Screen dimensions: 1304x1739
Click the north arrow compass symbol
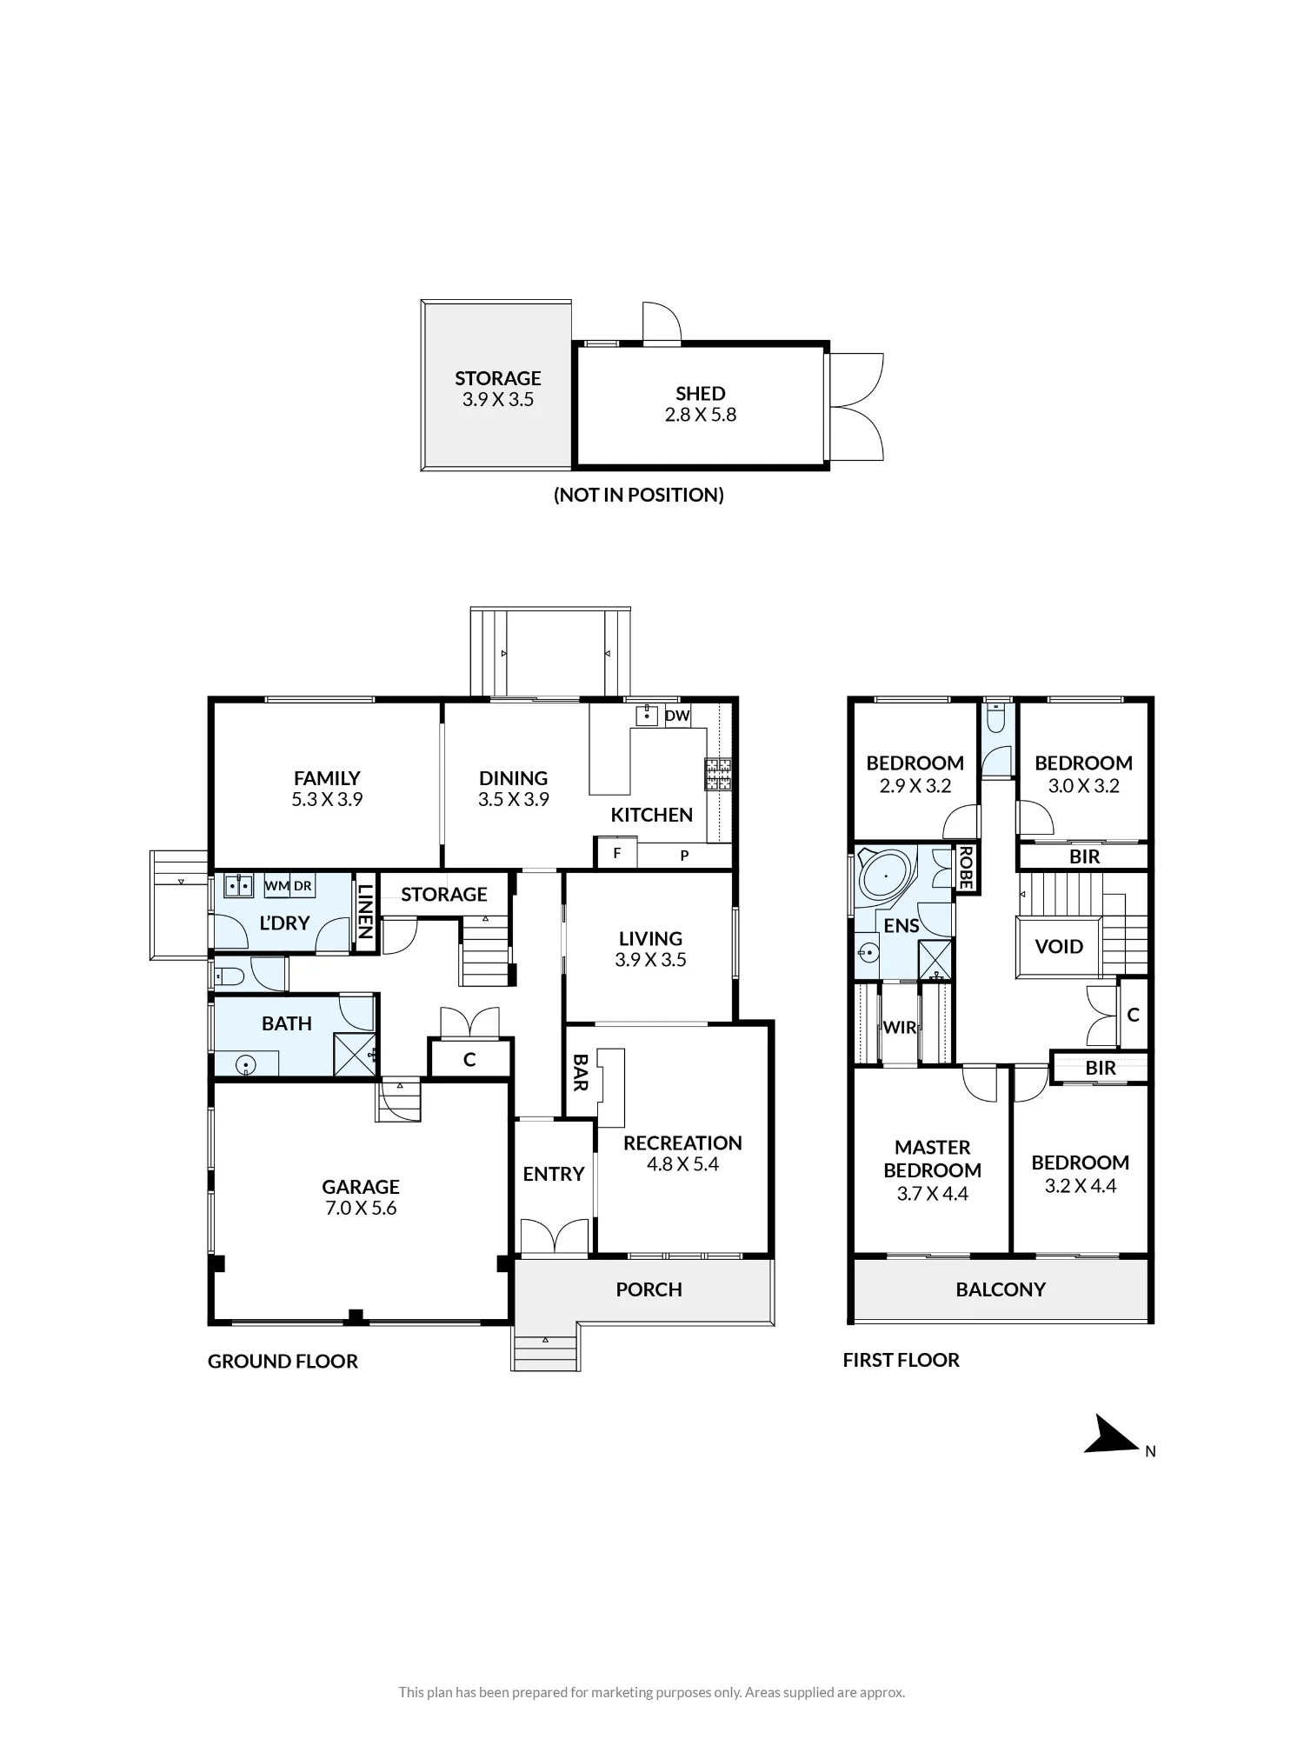(x=1109, y=1435)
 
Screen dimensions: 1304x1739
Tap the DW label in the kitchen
(x=677, y=716)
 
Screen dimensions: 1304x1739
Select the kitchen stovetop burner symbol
(x=718, y=774)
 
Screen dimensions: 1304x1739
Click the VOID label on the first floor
(x=1059, y=947)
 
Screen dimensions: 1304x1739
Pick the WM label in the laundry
(x=276, y=886)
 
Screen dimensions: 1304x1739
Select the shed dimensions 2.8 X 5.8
(x=701, y=415)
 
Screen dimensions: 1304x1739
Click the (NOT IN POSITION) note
(x=639, y=495)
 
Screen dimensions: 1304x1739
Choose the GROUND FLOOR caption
(x=283, y=1362)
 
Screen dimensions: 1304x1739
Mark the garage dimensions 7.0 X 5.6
(x=361, y=1208)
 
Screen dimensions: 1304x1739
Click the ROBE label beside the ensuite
(x=965, y=867)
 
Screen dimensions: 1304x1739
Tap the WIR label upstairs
(x=900, y=1027)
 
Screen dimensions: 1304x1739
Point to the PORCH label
(x=649, y=1289)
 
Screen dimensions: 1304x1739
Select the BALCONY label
(x=1001, y=1289)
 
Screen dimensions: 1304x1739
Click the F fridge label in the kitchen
(x=617, y=853)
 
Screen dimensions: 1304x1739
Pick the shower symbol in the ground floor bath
(x=355, y=1054)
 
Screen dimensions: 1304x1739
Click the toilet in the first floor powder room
(x=998, y=719)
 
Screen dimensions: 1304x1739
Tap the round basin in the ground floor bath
(x=246, y=1063)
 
